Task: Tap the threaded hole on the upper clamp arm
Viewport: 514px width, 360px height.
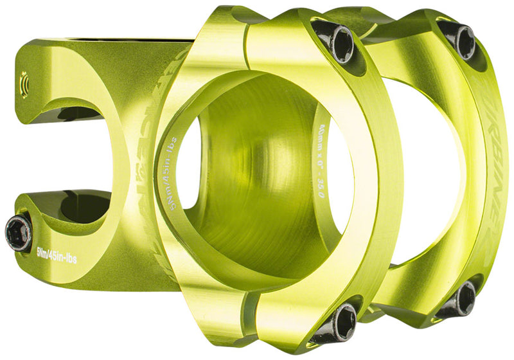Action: pyautogui.click(x=24, y=83)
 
